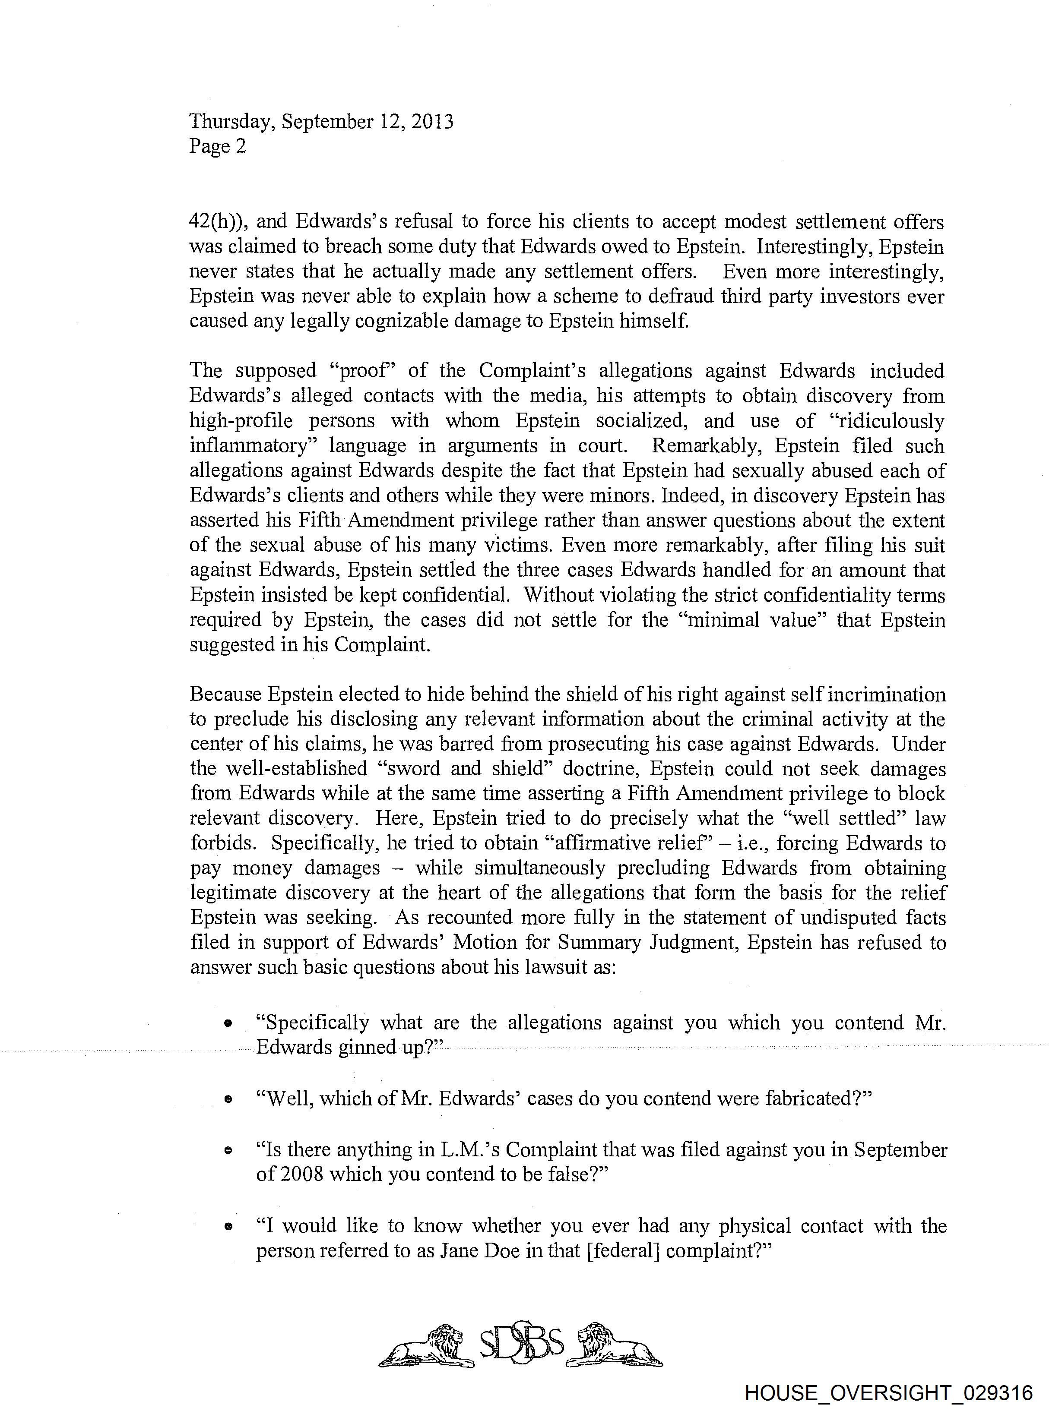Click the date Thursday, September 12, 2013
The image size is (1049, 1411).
[321, 121]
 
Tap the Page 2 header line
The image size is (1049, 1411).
[217, 147]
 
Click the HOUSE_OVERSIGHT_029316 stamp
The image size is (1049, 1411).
[888, 1392]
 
